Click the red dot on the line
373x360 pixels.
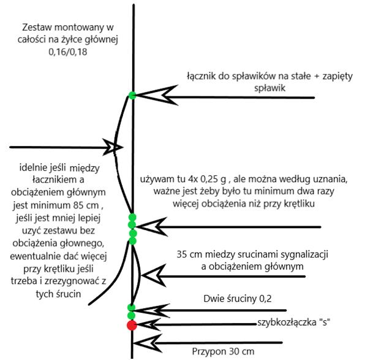131,325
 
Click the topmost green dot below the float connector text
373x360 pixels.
132,95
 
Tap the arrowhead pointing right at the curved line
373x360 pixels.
114,147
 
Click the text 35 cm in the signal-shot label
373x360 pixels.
187,254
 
